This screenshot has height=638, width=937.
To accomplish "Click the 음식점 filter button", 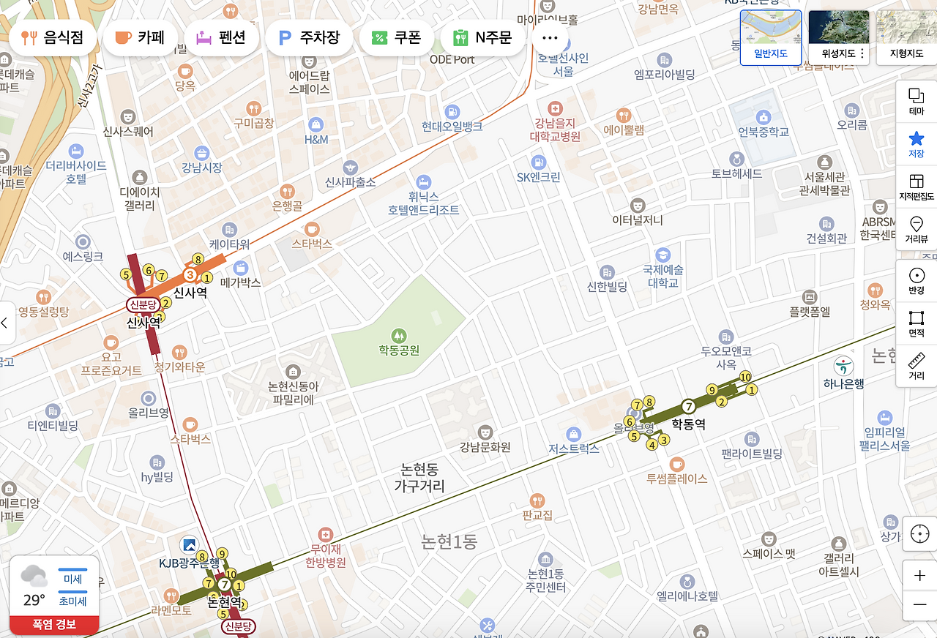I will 52,38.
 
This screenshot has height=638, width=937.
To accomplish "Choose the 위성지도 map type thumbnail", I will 838,37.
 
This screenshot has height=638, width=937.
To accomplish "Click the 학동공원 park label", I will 399,350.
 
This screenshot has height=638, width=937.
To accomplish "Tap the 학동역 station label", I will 688,423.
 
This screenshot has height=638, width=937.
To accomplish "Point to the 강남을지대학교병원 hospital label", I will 556,130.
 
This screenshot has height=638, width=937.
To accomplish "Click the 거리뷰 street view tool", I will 916,229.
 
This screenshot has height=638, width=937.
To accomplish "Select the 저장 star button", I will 916,144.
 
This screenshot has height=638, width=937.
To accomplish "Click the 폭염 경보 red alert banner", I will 53,625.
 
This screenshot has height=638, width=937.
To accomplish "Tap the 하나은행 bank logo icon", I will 843,364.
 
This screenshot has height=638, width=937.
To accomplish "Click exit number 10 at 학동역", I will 745,377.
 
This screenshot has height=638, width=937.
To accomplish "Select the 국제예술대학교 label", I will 663,276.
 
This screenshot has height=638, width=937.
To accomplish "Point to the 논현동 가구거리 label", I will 419,478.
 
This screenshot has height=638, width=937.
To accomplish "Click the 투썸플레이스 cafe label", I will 677,478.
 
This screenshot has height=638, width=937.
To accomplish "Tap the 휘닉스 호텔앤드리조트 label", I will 423,203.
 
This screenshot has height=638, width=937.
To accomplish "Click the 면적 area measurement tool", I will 916,323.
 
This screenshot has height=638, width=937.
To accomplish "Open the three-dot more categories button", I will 550,38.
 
